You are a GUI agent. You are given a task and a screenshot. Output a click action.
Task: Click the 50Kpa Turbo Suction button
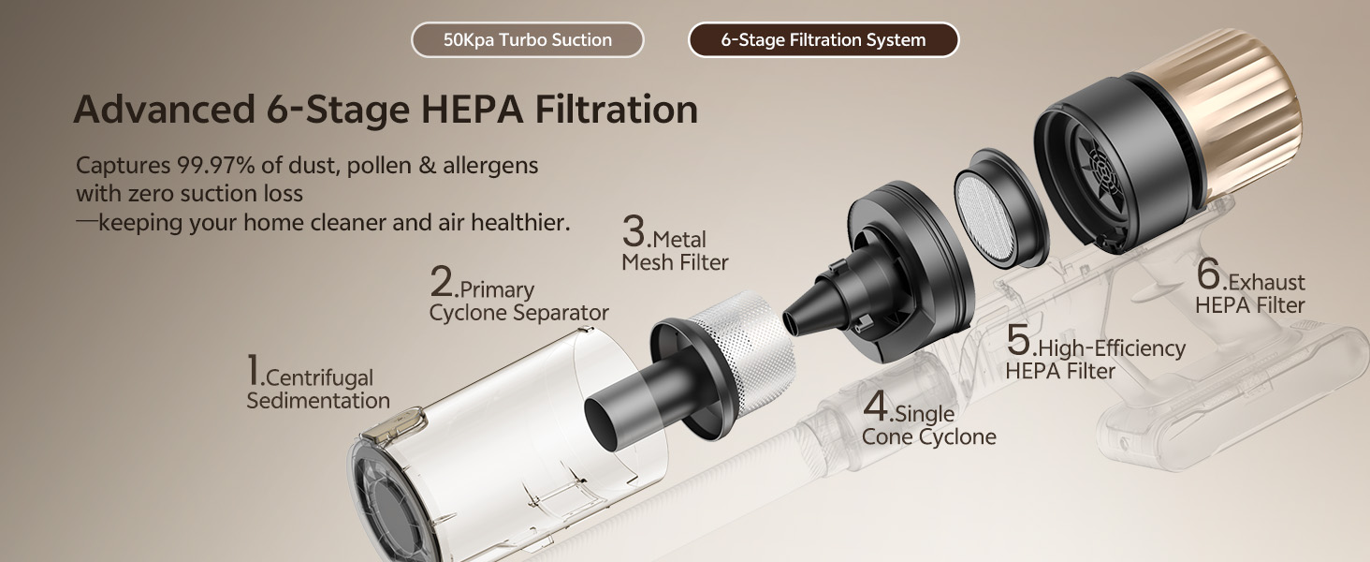pyautogui.click(x=527, y=39)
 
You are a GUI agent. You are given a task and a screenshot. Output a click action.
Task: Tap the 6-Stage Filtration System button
pyautogui.click(x=823, y=39)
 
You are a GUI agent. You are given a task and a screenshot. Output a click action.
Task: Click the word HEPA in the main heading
pyautogui.click(x=473, y=109)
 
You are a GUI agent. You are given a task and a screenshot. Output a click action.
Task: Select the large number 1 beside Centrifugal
pyautogui.click(x=254, y=369)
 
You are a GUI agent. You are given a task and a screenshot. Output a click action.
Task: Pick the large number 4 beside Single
pyautogui.click(x=875, y=406)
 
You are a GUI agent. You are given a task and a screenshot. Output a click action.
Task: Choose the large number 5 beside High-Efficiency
pyautogui.click(x=1019, y=339)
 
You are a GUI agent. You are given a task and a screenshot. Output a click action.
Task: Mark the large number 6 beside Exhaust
pyautogui.click(x=1208, y=274)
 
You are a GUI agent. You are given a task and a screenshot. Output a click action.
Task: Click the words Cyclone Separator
pyautogui.click(x=518, y=313)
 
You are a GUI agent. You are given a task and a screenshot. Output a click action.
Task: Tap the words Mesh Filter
pyautogui.click(x=675, y=262)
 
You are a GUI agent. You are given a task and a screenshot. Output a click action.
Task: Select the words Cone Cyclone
pyautogui.click(x=928, y=436)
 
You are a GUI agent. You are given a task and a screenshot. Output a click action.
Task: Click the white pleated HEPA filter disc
pyautogui.click(x=984, y=217)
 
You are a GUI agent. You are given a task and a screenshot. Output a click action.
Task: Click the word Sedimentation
pyautogui.click(x=318, y=400)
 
